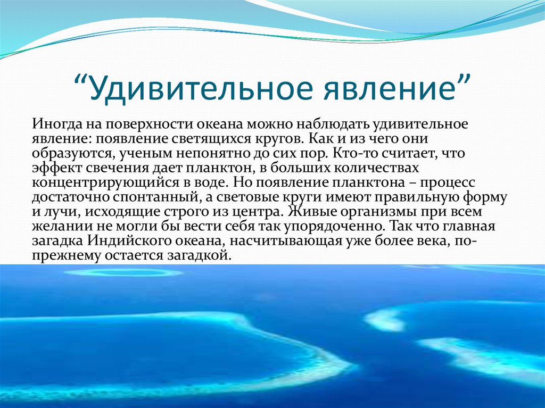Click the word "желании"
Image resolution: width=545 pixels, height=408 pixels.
point(56,226)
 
